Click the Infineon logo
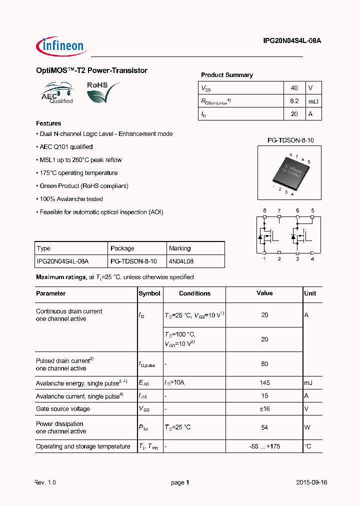pyautogui.click(x=61, y=46)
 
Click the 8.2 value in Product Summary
pyautogui.click(x=294, y=101)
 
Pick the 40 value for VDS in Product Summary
pyautogui.click(x=294, y=88)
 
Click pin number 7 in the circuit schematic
pyautogui.click(x=279, y=210)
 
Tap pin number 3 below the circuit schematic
pyautogui.click(x=297, y=258)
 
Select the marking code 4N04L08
pyautogui.click(x=181, y=261)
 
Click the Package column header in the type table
pyautogui.click(x=122, y=248)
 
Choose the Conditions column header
pyautogui.click(x=194, y=293)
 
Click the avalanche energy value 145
pyautogui.click(x=264, y=383)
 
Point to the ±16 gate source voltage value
pyautogui.click(x=264, y=409)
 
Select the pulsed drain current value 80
pyautogui.click(x=264, y=364)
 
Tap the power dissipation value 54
pyautogui.click(x=264, y=427)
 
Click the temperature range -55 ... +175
pyautogui.click(x=264, y=446)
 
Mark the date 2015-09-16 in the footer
pyautogui.click(x=311, y=483)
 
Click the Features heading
pyautogui.click(x=48, y=123)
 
